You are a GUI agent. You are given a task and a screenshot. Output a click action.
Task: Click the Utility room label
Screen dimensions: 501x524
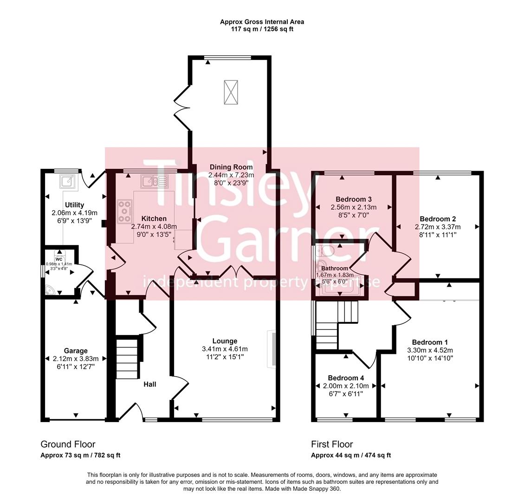[74, 205]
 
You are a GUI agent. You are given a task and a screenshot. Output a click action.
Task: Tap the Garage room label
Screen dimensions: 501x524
[76, 351]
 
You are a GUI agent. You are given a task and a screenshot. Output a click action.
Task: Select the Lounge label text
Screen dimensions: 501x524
[225, 341]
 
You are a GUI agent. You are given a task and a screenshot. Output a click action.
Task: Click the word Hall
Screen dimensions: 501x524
[149, 384]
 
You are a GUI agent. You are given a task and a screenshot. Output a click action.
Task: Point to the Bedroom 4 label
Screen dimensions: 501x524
[343, 378]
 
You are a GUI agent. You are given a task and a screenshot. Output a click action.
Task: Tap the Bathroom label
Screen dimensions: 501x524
[335, 269]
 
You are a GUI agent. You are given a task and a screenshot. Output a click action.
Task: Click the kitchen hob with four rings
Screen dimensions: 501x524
[124, 211]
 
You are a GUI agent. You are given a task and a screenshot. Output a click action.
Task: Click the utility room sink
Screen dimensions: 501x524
[67, 181]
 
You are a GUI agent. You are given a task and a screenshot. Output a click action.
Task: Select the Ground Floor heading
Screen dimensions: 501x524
[68, 444]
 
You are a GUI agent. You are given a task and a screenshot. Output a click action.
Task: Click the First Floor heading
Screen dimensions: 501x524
[332, 444]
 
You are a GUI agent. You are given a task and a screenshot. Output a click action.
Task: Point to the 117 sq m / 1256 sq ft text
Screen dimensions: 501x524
[262, 29]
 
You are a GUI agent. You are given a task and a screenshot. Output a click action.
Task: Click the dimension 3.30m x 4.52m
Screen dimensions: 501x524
[430, 350]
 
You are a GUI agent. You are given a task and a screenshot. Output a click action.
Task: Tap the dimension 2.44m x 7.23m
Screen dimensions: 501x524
[231, 175]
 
